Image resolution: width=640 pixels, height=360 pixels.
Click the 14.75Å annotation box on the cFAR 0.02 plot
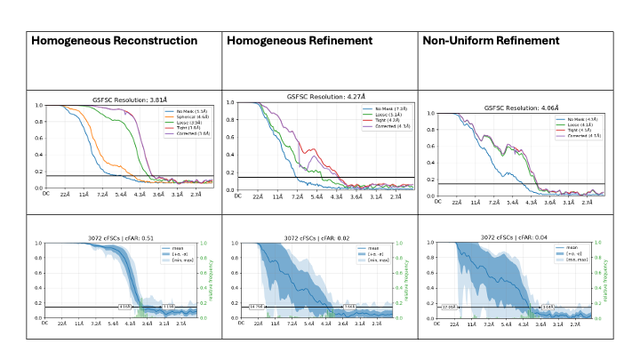coord(257,307)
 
